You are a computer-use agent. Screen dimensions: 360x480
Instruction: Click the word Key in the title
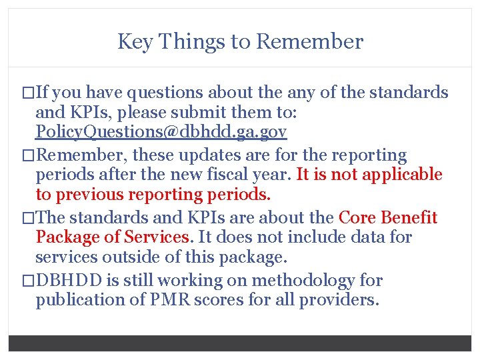(x=133, y=42)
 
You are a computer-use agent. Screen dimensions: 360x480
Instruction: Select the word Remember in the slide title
(x=309, y=42)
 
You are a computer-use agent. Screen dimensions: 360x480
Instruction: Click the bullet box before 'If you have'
(x=29, y=93)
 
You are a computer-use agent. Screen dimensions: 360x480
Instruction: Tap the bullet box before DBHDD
(x=29, y=281)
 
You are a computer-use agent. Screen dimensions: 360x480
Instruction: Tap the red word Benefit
(x=413, y=218)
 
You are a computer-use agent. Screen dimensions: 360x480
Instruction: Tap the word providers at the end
(x=339, y=300)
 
